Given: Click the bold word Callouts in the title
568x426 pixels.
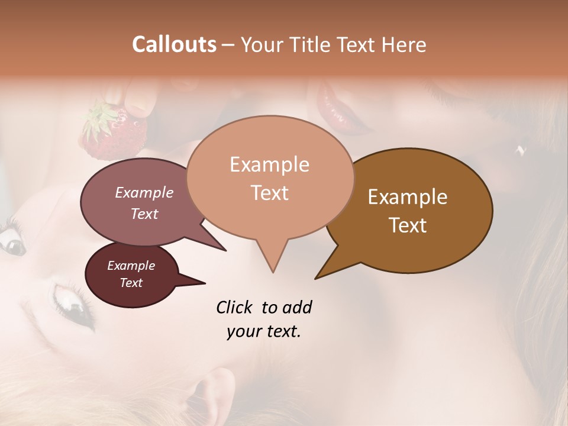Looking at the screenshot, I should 174,44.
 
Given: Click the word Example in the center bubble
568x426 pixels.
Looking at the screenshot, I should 269,164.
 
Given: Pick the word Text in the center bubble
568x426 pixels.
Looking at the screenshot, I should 269,193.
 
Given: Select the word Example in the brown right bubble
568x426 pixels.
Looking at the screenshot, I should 408,197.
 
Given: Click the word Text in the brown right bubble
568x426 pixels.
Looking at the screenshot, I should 408,225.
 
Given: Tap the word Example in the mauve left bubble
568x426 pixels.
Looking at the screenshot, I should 144,192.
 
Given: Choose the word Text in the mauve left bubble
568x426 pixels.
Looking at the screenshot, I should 144,214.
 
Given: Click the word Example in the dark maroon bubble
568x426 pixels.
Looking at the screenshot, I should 131,266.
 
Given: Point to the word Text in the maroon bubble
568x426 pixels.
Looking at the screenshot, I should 131,283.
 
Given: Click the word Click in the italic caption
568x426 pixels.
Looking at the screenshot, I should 236,307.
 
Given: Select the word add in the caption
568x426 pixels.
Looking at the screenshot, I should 297,307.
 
